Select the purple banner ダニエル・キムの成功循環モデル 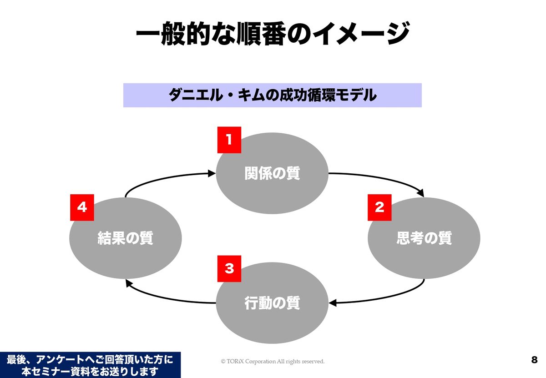(x=272, y=95)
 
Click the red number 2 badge (x=379, y=208)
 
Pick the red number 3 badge (x=229, y=268)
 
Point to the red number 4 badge (x=82, y=208)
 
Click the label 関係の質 (x=272, y=174)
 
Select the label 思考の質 (x=424, y=238)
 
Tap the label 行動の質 (x=272, y=303)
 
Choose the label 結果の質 (x=125, y=238)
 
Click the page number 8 (x=534, y=360)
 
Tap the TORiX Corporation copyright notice (x=273, y=362)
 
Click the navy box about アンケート (x=90, y=365)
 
